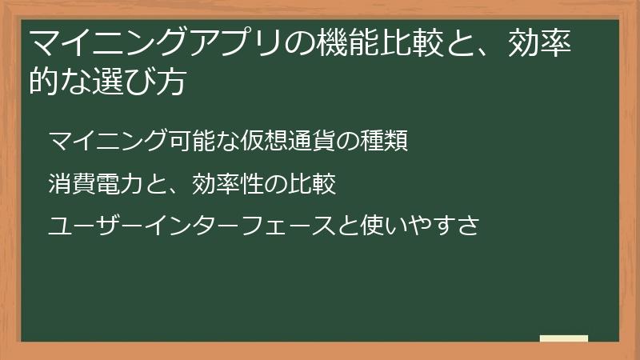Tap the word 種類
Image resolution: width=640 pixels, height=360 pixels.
386,142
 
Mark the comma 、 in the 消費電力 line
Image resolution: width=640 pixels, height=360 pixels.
178,189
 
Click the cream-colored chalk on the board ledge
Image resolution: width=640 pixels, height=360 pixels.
563,339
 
